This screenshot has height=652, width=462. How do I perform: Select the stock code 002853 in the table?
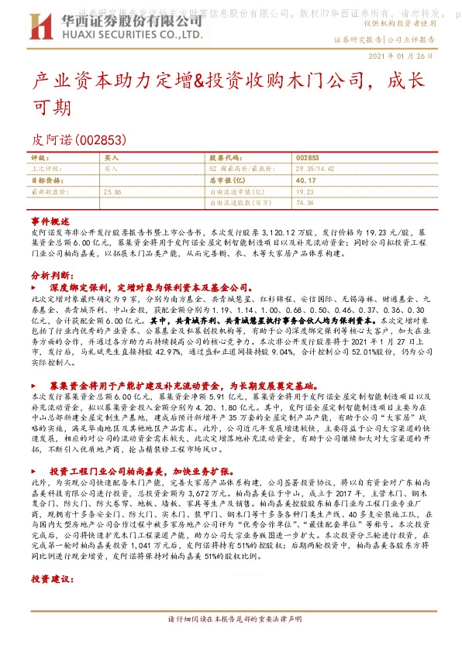[x=308, y=156]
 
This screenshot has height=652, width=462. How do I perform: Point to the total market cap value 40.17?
[x=308, y=179]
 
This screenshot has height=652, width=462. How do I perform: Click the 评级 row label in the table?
[x=39, y=156]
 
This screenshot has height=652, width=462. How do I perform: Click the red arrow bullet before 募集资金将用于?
[x=35, y=385]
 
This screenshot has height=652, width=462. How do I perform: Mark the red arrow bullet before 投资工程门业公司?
[x=35, y=470]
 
